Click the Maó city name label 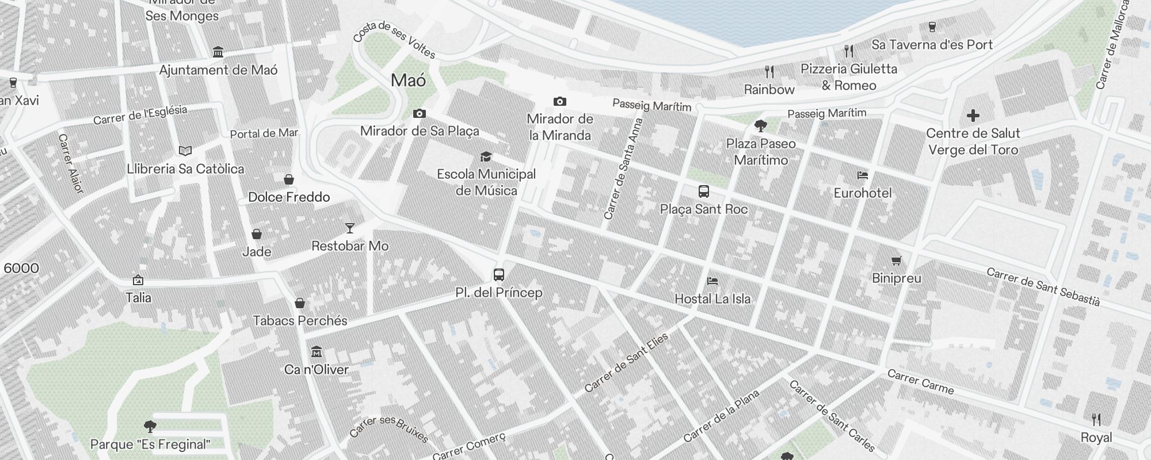point(409,80)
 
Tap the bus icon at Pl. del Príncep point(499,275)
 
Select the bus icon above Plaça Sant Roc point(703,191)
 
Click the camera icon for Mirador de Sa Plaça point(420,114)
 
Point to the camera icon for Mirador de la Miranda point(559,102)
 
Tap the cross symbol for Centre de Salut point(973,116)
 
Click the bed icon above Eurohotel point(862,175)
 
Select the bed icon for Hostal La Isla point(712,281)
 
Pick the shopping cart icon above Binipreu point(896,260)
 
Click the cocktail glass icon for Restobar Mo point(349,228)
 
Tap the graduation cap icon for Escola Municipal point(486,156)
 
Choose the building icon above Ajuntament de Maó point(218,52)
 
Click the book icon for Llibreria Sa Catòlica point(185,151)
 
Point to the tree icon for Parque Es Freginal point(150,426)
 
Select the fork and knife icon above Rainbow point(769,72)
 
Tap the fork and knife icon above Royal point(1096,420)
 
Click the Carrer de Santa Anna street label point(623,169)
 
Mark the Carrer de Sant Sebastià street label point(1043,286)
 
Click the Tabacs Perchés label point(300,321)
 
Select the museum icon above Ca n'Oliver point(317,352)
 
